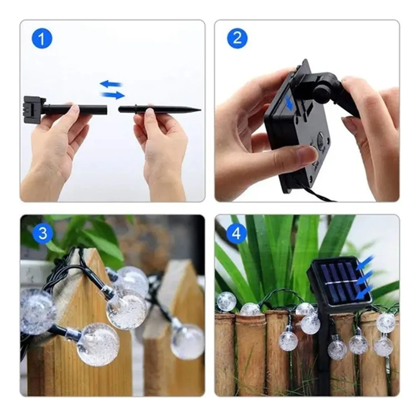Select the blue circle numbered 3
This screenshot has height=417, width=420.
[x=43, y=233]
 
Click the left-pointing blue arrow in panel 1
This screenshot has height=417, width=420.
[x=111, y=84]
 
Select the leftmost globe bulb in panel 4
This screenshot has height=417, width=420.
[x=226, y=301]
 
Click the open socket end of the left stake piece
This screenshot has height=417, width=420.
[x=106, y=109]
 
